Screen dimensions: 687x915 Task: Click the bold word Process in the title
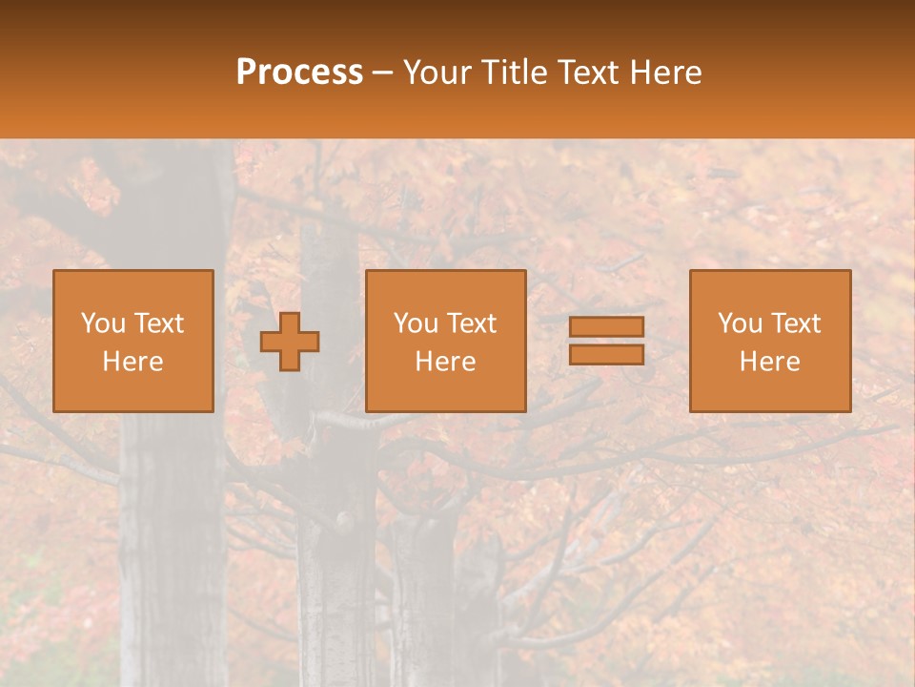tap(299, 73)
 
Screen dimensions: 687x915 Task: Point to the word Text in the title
tap(589, 73)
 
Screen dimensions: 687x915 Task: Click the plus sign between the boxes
tap(290, 342)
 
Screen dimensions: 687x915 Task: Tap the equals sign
tap(606, 341)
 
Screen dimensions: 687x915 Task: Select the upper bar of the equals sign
tap(606, 327)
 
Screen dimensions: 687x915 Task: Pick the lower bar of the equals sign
tap(606, 354)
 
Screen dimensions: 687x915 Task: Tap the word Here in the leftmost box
tap(132, 362)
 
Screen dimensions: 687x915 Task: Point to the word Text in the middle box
tap(471, 323)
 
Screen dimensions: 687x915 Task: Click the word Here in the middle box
tap(446, 362)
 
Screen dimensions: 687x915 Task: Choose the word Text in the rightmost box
tap(795, 323)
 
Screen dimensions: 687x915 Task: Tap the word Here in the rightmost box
tap(770, 362)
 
